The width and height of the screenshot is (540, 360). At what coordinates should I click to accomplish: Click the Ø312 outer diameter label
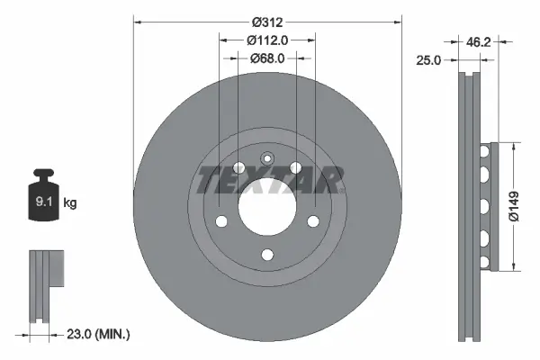point(266,21)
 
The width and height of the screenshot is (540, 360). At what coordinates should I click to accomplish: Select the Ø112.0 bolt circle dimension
point(266,40)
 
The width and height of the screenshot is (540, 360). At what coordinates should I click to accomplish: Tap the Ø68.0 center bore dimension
point(266,58)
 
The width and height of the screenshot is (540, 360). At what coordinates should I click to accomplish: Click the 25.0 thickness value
point(432,60)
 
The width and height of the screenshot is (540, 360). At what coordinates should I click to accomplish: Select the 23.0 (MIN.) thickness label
point(100,334)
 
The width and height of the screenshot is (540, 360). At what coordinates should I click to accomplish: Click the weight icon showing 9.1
point(43,195)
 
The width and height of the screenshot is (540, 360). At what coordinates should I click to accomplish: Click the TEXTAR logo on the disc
point(267,180)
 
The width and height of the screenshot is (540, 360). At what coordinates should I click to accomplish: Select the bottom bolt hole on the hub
point(266,256)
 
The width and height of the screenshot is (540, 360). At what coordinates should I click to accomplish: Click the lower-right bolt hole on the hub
point(313,222)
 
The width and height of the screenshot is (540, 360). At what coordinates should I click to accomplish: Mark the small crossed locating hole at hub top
point(266,158)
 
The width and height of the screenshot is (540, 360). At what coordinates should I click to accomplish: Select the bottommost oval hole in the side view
point(484,261)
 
